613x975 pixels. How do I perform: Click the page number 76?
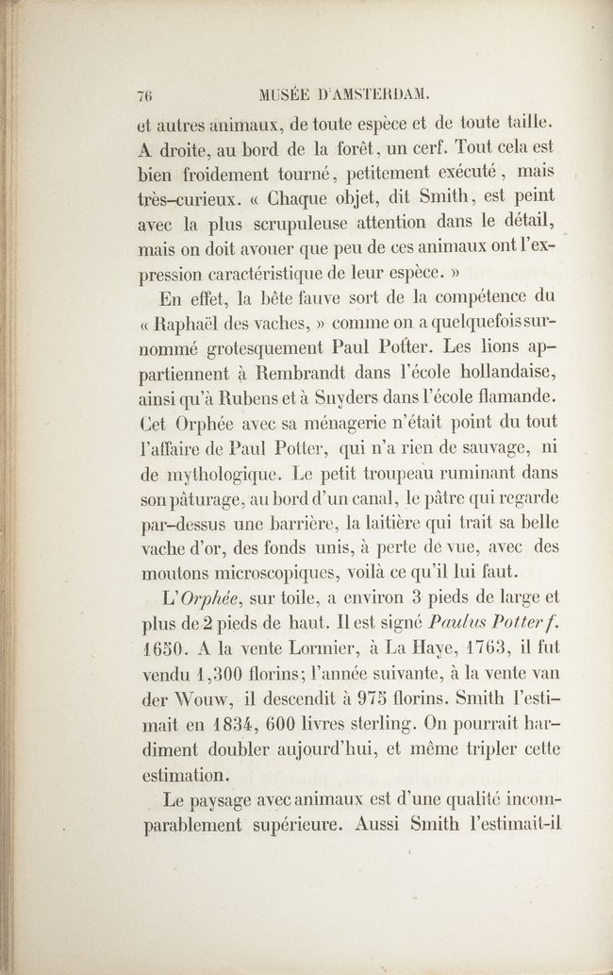click(145, 94)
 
